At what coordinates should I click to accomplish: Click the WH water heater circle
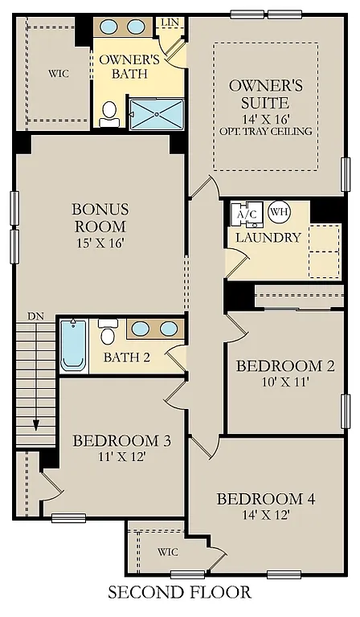[279, 213]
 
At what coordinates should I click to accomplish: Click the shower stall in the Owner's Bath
[157, 114]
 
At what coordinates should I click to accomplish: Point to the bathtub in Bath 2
[73, 345]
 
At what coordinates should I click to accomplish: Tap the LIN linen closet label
[170, 23]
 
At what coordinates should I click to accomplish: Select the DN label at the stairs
[35, 317]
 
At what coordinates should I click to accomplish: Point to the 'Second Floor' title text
[179, 593]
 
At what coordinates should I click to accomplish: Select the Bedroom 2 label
[284, 366]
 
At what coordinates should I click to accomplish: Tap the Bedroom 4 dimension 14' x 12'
[265, 514]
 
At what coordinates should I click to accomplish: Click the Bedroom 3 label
[121, 440]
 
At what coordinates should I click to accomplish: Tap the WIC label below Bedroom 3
[167, 552]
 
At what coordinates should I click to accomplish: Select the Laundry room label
[268, 238]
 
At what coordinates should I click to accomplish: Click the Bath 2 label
[126, 358]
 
